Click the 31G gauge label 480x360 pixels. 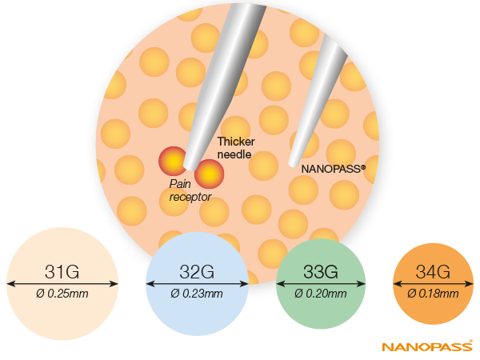(x=62, y=271)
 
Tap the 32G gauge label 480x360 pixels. (x=197, y=271)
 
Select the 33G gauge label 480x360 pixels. (x=321, y=271)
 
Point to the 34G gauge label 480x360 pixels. (x=433, y=271)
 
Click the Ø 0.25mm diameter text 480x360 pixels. (x=62, y=294)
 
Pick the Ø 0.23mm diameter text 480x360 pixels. (x=197, y=294)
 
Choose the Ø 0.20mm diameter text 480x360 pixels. (x=321, y=294)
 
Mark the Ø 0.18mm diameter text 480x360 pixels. (x=433, y=294)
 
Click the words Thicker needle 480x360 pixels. (x=236, y=148)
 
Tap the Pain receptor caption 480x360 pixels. (x=190, y=190)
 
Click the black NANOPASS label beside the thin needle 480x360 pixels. (x=334, y=169)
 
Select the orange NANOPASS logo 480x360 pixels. (x=427, y=346)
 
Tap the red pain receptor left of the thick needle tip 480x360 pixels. (x=174, y=161)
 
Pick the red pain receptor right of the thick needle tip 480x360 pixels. (x=210, y=174)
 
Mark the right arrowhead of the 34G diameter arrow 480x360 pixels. (x=469, y=284)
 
